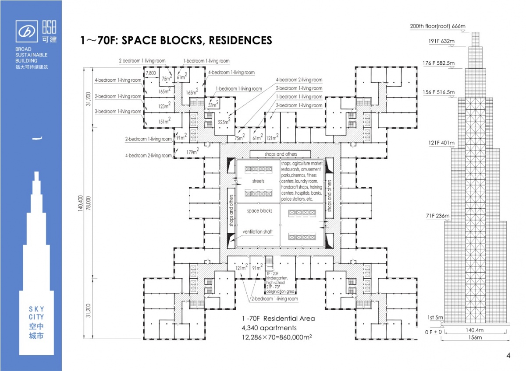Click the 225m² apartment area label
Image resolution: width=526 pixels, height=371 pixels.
[224, 122]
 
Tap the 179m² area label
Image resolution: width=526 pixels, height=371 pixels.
[192, 152]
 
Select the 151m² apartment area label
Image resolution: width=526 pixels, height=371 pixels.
[164, 121]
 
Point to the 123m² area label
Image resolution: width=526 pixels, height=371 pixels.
[164, 106]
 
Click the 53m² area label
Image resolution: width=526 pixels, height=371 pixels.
[213, 105]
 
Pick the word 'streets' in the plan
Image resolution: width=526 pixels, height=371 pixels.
[258, 181]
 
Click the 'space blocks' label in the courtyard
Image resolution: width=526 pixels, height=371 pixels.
[259, 211]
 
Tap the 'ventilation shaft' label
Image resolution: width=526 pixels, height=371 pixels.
[258, 232]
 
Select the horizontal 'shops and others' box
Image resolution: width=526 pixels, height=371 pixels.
[280, 154]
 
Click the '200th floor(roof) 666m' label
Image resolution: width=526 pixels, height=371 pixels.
[437, 26]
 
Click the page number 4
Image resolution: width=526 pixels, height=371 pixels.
[508, 356]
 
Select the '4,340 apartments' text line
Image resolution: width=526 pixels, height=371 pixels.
[269, 328]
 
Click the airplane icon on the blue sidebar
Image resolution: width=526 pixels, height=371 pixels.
[38, 139]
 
